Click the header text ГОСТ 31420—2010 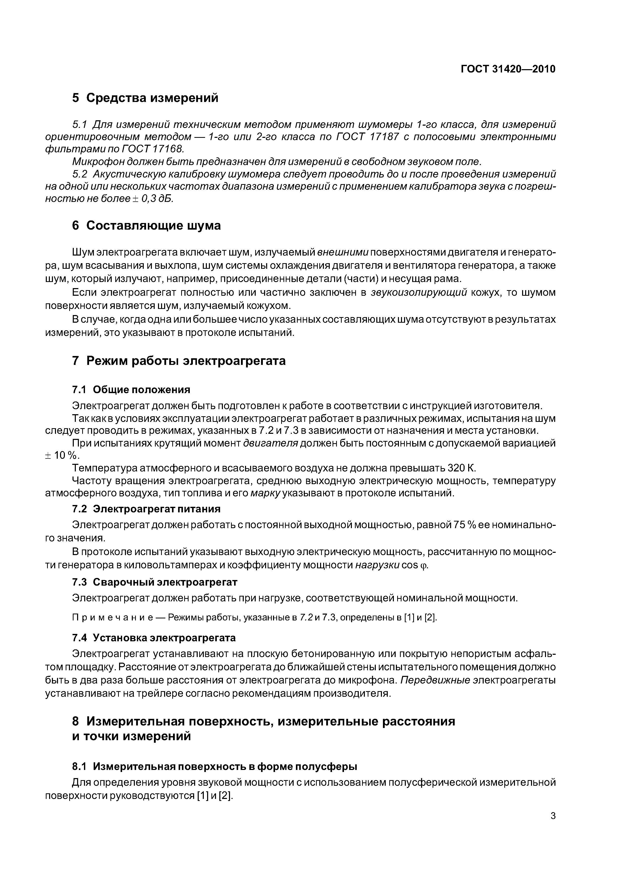(508, 69)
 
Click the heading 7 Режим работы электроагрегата (179, 361)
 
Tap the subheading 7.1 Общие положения (131, 390)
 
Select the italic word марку (265, 493)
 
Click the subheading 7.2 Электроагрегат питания (146, 509)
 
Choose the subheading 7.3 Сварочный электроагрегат (154, 582)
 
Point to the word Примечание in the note (112, 618)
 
